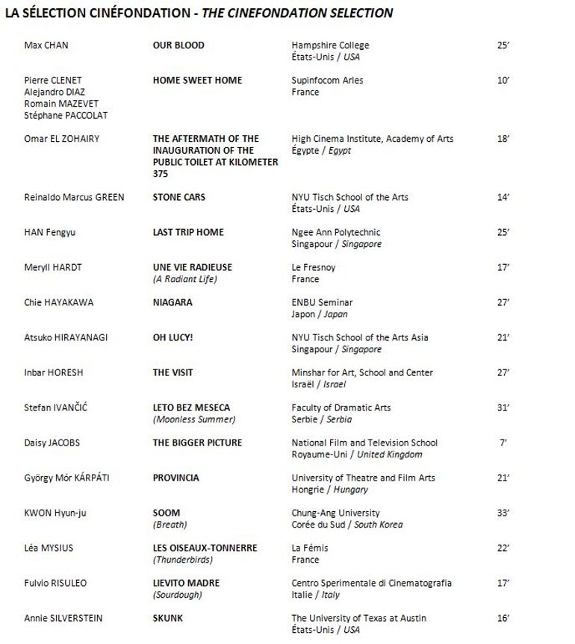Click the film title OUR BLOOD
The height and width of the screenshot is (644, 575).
178,46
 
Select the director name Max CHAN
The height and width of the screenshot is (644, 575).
46,46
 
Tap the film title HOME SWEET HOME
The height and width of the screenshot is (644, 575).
197,81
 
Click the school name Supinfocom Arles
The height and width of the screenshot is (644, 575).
327,81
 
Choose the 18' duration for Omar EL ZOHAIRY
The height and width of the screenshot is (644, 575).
503,139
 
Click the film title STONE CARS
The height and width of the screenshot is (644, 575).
179,198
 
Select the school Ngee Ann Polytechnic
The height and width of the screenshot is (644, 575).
336,233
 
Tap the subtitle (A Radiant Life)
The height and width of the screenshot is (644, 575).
184,279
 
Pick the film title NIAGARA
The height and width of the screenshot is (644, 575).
172,303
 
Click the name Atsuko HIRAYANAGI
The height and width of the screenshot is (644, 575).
66,338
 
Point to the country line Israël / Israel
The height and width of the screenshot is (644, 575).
319,384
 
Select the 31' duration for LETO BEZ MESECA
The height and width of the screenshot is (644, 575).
503,408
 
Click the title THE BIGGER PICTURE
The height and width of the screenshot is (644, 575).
198,443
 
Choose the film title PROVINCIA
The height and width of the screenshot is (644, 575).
176,478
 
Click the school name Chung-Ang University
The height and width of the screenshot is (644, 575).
335,513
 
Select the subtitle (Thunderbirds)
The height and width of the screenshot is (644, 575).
183,560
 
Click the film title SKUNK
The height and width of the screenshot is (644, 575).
168,619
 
